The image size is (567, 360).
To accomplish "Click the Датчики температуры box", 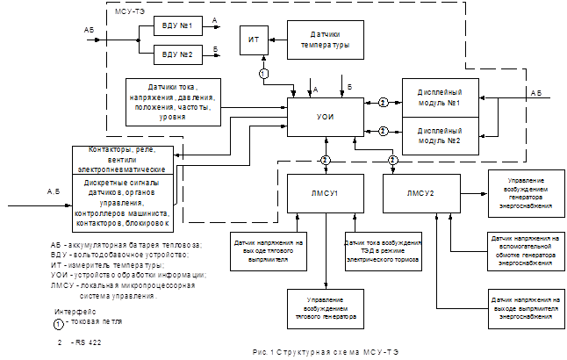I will (321, 40).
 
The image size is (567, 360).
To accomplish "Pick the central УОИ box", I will (324, 117).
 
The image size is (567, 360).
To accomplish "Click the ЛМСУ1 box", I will (324, 191).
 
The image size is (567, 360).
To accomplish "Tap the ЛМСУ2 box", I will (420, 191).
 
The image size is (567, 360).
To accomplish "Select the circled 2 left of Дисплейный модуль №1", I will (383, 102).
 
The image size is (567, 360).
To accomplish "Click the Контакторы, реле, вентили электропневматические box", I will (123, 157).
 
